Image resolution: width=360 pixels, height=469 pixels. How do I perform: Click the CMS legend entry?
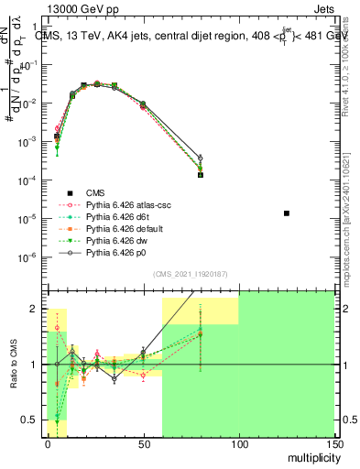pyautogui.click(x=95, y=192)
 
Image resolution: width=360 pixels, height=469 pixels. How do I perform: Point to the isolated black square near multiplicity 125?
pyautogui.click(x=287, y=213)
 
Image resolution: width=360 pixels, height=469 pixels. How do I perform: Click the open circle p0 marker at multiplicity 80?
pyautogui.click(x=200, y=158)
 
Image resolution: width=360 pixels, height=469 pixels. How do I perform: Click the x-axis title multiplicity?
pyautogui.click(x=308, y=456)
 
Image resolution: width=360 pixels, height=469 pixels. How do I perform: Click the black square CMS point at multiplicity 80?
pyautogui.click(x=200, y=174)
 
